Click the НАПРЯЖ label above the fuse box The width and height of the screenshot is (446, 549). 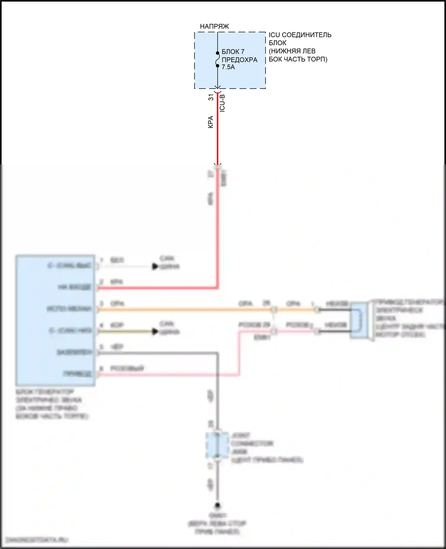coord(214,26)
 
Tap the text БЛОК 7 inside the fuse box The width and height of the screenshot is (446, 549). coord(233,52)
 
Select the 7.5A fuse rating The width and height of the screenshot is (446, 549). coord(228,67)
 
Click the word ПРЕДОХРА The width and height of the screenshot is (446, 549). coord(239,60)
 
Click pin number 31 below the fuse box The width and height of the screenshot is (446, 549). coord(211,97)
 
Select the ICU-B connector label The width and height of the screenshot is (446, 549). coord(222,103)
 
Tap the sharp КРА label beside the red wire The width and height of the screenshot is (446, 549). coord(211,122)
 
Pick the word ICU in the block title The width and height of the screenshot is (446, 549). coord(274,35)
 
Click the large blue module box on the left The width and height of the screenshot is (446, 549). coord(55,320)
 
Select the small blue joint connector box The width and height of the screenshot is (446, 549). coord(217,445)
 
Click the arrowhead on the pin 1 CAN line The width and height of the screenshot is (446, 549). coord(155,266)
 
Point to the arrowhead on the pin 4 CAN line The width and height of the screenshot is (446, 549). coord(155,331)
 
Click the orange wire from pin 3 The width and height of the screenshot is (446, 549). coord(184,310)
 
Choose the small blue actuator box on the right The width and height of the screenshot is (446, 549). coord(359,320)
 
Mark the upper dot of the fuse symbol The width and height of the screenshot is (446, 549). coord(218,53)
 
